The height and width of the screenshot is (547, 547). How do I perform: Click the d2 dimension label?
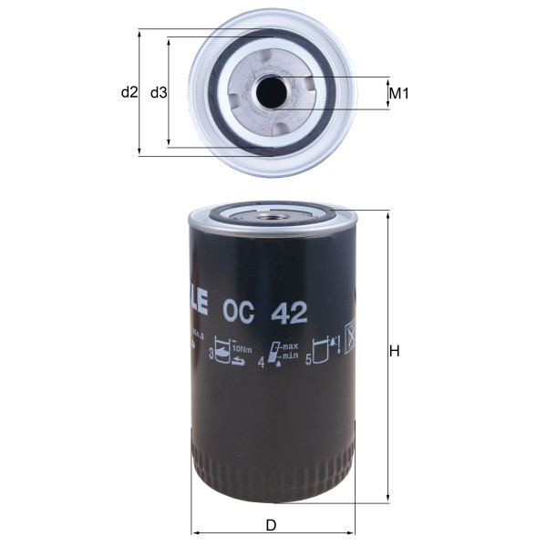pos(129,92)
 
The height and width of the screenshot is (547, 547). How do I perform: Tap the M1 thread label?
pos(397,93)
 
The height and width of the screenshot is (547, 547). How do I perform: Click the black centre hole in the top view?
pos(272,93)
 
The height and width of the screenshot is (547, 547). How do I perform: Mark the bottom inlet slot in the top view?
pos(272,127)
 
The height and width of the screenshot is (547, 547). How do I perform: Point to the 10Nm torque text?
pos(243,348)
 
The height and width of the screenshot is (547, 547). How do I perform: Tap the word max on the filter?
pos(290,347)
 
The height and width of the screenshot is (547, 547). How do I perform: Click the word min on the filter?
pos(289,356)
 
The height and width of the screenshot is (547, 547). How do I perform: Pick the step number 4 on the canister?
pos(262,362)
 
